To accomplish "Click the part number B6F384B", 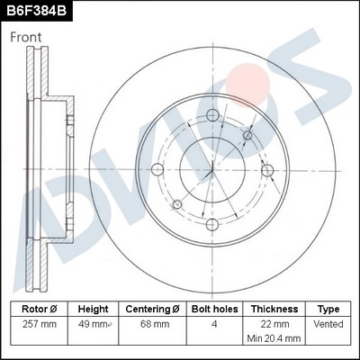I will [x=36, y=11].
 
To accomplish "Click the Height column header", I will [x=93, y=308].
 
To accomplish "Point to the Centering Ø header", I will [x=154, y=308].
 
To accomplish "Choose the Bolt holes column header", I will [x=215, y=308].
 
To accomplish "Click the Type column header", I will [x=328, y=308].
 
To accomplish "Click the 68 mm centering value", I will [x=154, y=323].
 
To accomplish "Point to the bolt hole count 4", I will [x=215, y=323].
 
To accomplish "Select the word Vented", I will [x=328, y=323].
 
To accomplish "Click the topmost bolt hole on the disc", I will [x=211, y=115].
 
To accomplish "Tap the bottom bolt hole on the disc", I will [x=211, y=225].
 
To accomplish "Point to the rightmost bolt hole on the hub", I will [x=266, y=170].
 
